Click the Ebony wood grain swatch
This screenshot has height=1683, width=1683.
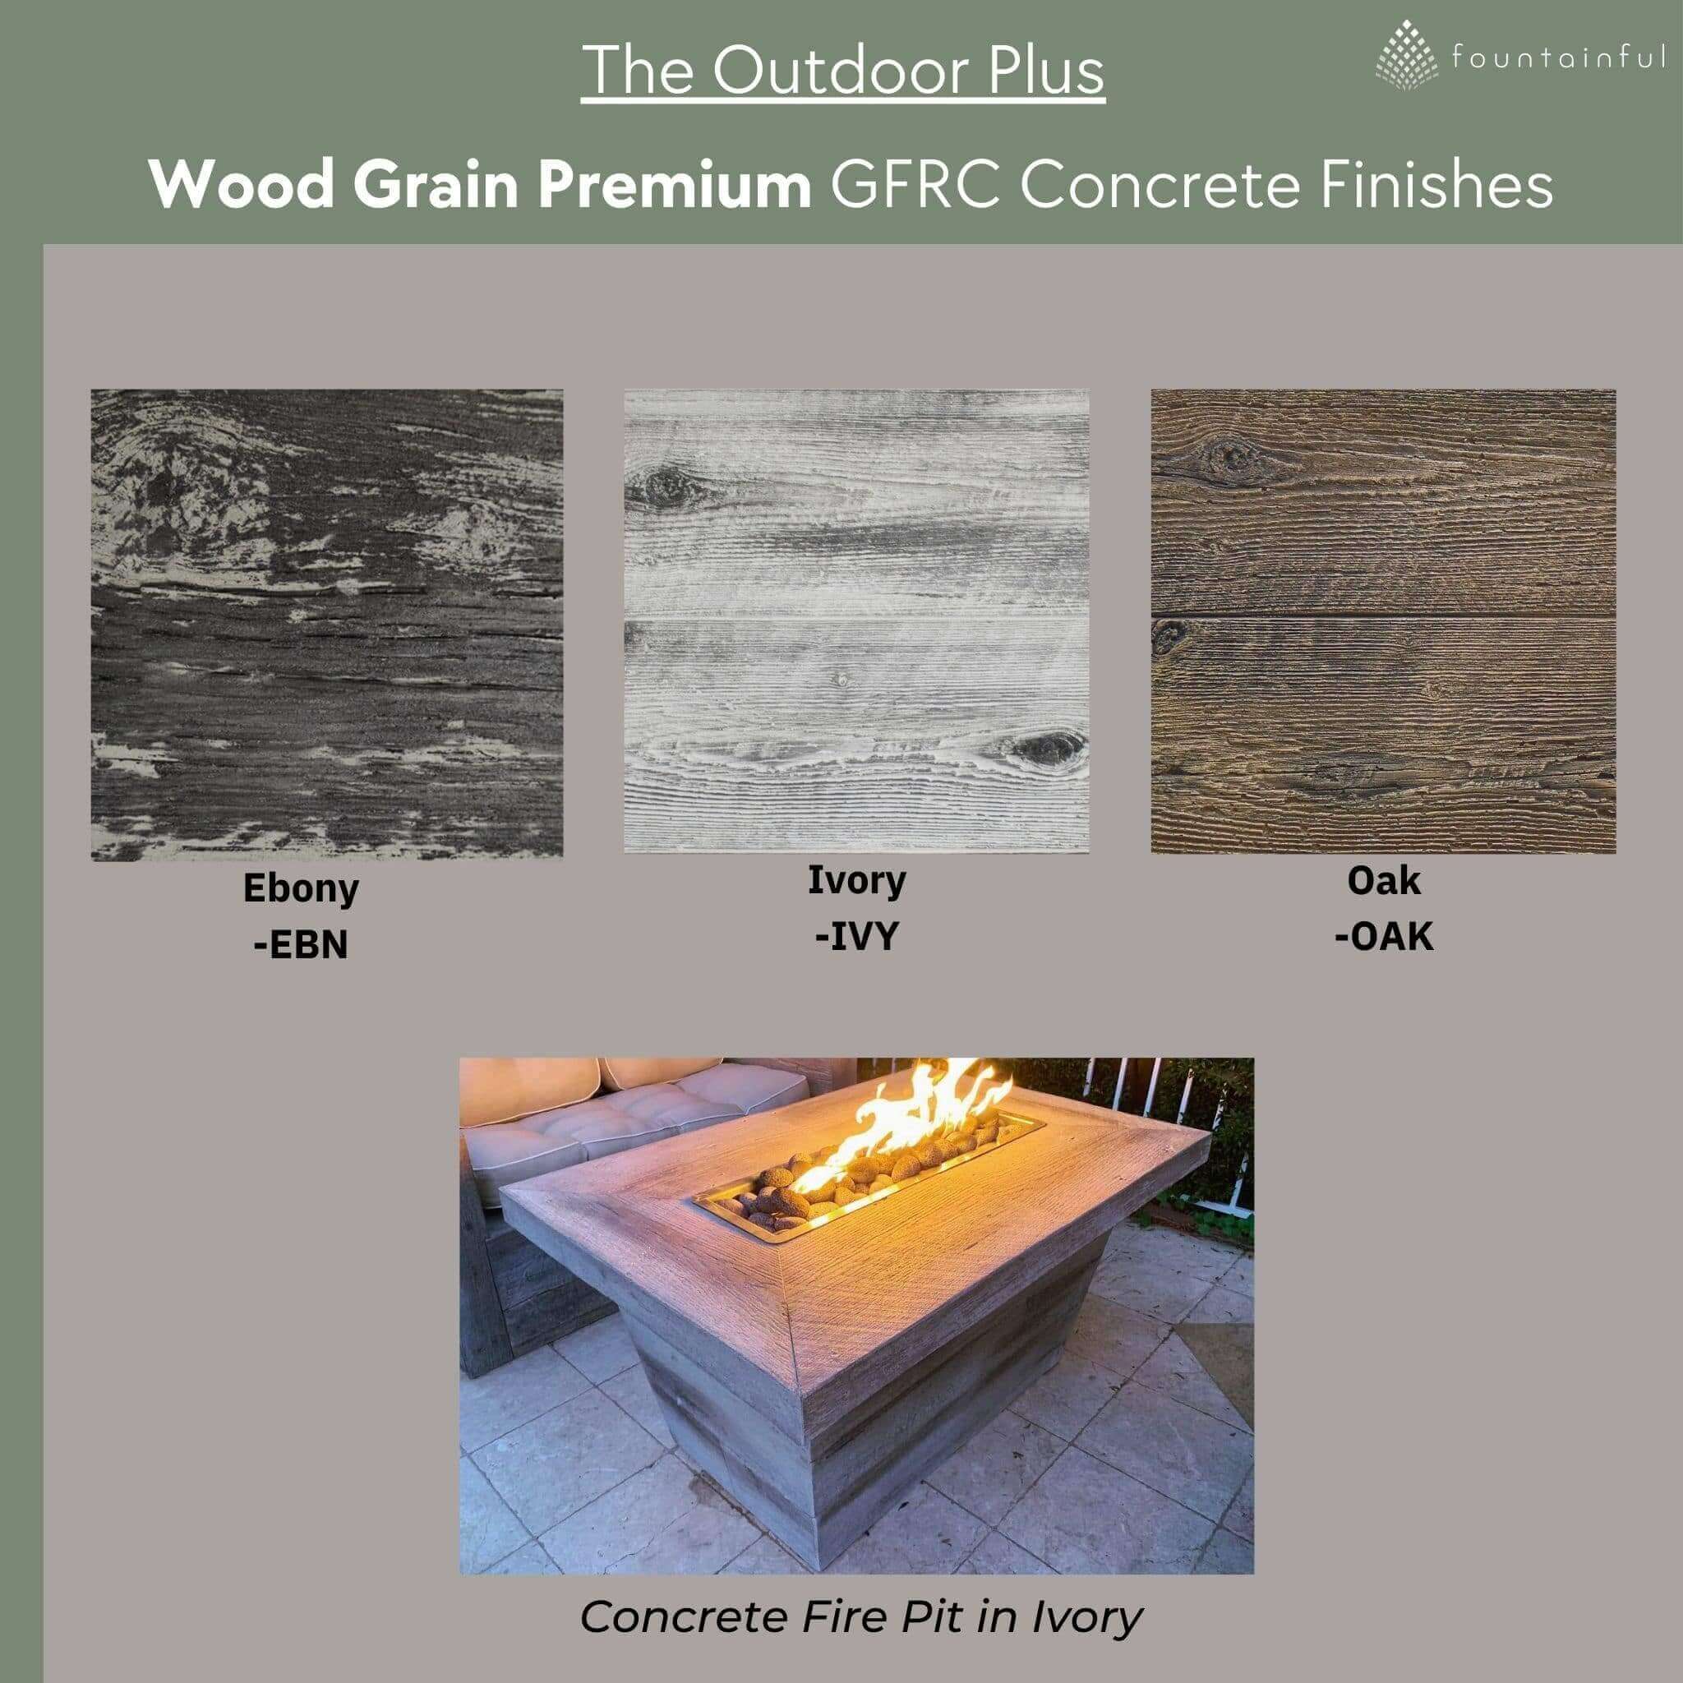(327, 624)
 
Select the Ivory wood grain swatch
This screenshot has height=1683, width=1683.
(856, 620)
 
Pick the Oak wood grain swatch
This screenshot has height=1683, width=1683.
(1383, 620)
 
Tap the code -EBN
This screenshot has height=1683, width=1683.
(301, 945)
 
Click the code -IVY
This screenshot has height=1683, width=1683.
(856, 937)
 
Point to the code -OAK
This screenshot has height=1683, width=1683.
(1383, 937)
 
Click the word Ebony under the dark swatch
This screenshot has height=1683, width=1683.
(301, 888)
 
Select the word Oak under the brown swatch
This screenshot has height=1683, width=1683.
(1383, 881)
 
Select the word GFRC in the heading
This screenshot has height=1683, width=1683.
(915, 185)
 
